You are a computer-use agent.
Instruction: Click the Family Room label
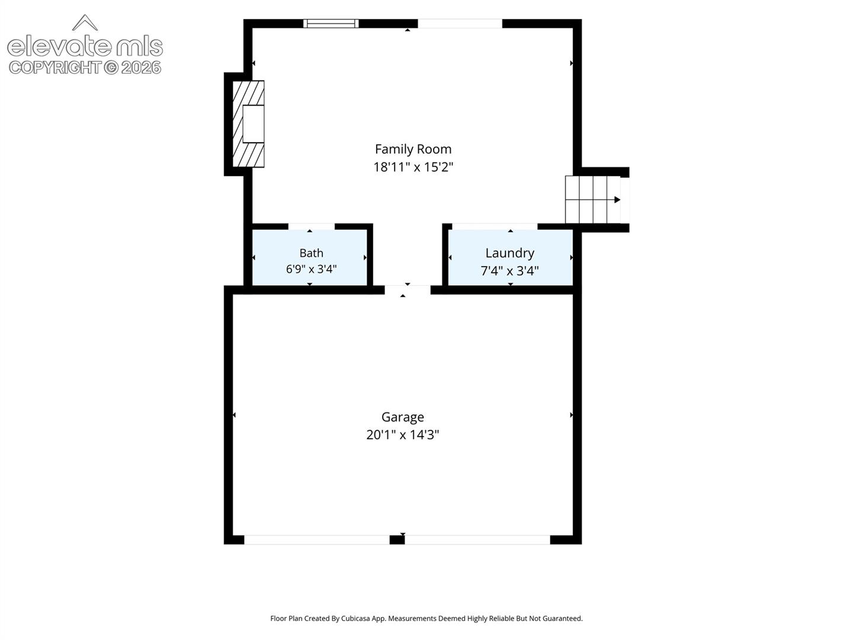413,149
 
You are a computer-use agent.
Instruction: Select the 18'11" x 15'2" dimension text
413,167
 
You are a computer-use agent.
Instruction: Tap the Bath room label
311,254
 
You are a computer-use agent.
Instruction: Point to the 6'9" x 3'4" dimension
311,269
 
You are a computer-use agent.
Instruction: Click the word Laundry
510,254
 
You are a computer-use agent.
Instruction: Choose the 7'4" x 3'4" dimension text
510,270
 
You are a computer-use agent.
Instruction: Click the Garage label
403,417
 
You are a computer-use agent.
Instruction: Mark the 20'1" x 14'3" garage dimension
403,434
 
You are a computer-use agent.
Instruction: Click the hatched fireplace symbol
248,124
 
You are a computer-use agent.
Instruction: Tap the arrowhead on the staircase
617,200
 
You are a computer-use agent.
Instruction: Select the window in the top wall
331,23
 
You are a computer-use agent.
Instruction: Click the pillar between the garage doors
397,539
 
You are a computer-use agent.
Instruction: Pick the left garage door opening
317,539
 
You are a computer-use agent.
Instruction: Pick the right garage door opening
477,539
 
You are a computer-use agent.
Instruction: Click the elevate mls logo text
85,46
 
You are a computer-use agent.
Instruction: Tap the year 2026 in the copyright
141,68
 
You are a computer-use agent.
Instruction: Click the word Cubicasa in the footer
355,618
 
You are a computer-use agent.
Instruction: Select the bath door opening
311,226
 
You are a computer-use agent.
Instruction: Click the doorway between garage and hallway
408,290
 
